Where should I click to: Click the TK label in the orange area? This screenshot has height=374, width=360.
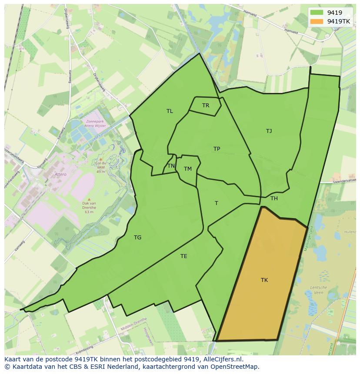[264, 280]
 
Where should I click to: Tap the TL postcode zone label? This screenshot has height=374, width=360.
[170, 111]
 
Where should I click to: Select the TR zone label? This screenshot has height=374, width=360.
[206, 106]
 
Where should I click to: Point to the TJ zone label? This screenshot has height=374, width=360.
[269, 131]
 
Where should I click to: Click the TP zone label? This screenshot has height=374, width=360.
[217, 149]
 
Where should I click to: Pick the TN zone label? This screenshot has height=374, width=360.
[171, 166]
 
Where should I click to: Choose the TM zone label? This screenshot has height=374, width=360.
[188, 169]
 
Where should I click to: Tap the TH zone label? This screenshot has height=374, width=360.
[274, 199]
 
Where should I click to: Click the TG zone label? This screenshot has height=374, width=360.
[138, 238]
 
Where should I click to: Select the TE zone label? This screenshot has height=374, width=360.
[184, 256]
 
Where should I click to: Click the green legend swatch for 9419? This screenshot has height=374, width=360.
[317, 13]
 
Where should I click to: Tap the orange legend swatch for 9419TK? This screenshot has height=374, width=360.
[317, 21]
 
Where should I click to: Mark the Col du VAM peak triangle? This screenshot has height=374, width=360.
[100, 159]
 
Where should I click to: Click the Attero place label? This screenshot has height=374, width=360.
[60, 175]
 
